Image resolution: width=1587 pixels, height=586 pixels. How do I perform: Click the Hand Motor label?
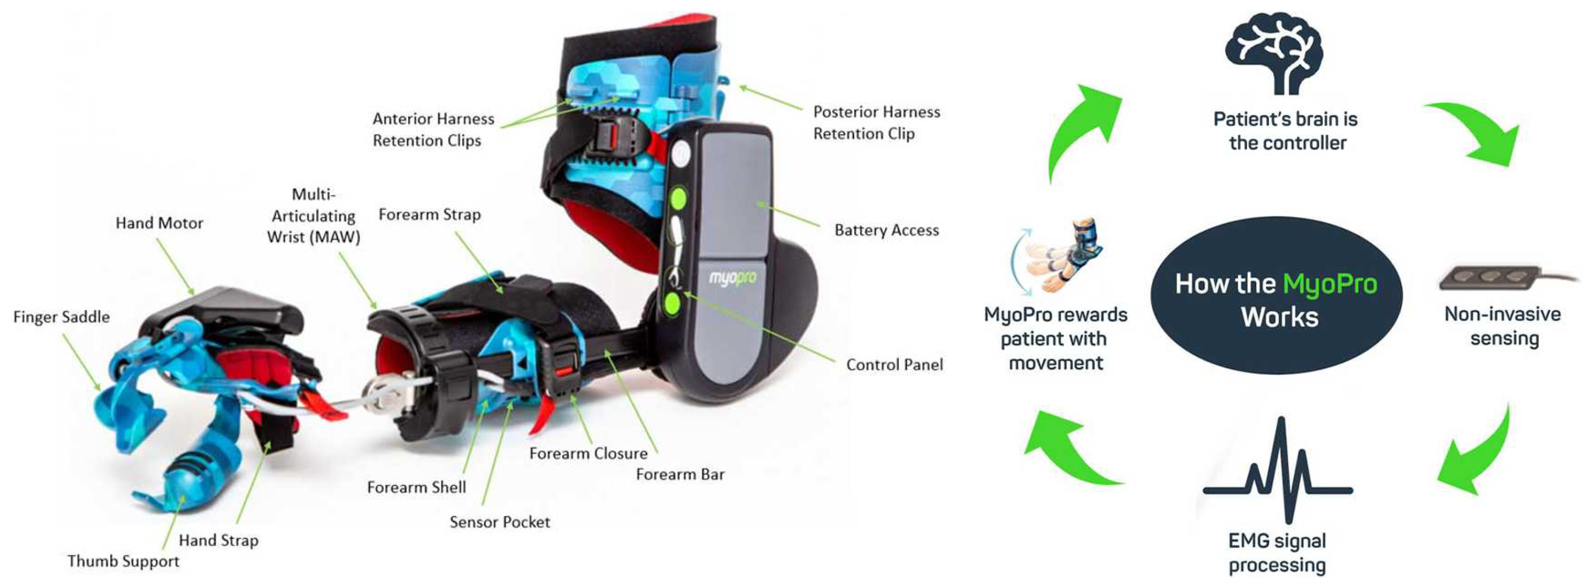pos(159,223)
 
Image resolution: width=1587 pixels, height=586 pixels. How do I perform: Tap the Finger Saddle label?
pos(62,317)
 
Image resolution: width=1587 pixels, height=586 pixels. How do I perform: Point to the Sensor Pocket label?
pos(500,522)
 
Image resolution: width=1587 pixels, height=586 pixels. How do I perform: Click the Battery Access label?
pos(886,230)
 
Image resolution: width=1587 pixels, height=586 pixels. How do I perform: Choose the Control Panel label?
pos(894,365)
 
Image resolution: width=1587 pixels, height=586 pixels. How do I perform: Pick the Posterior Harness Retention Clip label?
pos(876,122)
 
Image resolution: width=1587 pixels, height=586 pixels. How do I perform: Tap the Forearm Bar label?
pos(680,474)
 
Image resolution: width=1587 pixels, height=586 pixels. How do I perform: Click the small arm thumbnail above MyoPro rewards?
pos(1057,255)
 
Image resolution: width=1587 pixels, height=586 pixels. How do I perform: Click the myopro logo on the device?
pos(732,278)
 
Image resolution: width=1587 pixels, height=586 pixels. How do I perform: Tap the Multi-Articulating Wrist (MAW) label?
pos(314,216)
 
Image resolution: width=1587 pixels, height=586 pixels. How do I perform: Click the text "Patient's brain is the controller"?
pos(1286,130)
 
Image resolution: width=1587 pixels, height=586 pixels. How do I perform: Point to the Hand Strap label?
pos(219,541)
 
